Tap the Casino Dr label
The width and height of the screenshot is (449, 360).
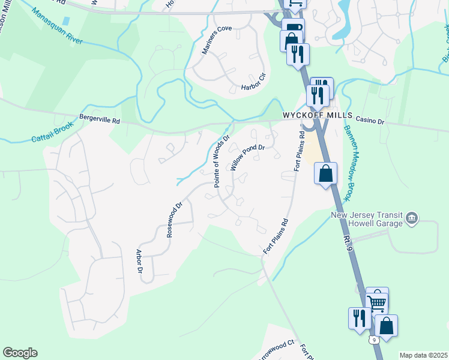pos(370,121)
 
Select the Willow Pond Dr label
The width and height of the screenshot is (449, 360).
pos(248,158)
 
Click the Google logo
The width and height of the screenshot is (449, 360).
pos(20,353)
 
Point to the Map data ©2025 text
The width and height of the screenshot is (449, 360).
pos(423,355)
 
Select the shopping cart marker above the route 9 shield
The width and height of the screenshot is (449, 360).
pos(377,299)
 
